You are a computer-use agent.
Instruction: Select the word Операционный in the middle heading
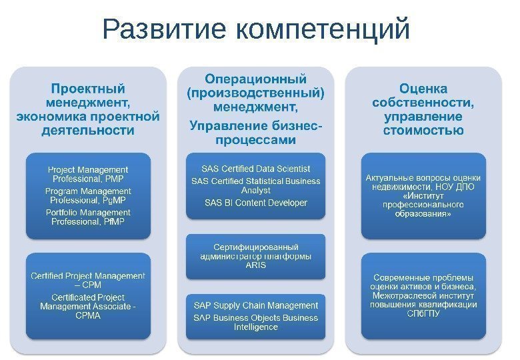coord(255,79)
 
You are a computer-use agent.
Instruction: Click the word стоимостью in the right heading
coord(423,130)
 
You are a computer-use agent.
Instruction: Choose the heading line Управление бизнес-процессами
coord(255,132)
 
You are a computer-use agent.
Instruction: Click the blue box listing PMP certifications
coord(88,196)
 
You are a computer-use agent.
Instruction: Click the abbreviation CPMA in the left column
coord(88,315)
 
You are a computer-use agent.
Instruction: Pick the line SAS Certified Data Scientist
coord(255,169)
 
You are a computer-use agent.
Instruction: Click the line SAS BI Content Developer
coord(255,203)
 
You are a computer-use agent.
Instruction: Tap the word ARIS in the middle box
coord(255,265)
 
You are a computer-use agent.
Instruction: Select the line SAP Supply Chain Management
coord(255,305)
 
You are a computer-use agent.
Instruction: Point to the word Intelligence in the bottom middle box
coord(255,327)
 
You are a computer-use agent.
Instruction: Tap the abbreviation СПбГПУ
coord(423,314)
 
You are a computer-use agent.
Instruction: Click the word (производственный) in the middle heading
coord(255,93)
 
